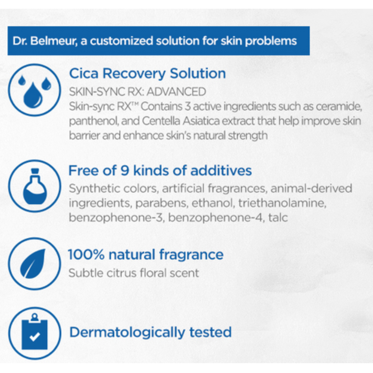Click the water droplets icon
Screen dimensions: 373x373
pos(35,90)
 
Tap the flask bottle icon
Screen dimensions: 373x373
pos(35,186)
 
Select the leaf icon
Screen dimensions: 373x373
pos(35,264)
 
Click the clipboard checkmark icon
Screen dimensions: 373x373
pos(35,333)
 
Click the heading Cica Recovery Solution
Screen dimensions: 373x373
pos(147,73)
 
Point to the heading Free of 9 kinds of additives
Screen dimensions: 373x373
pos(160,170)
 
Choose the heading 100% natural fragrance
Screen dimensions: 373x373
pos(146,255)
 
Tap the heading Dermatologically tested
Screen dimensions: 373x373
pos(150,332)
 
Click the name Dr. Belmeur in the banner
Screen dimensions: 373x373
pos(44,41)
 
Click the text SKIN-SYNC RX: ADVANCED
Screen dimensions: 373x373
pos(137,92)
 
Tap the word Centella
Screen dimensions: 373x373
pos(161,121)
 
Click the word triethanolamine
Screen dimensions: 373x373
pos(282,203)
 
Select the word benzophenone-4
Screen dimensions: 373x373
pos(216,218)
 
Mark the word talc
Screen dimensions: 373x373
pos(278,217)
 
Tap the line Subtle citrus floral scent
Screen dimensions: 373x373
pos(133,273)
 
